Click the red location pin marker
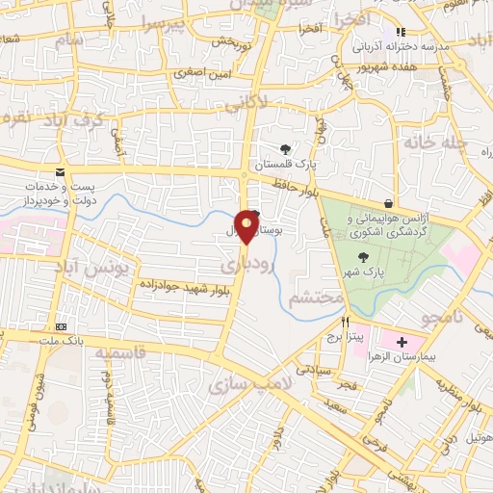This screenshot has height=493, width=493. tap(247, 225)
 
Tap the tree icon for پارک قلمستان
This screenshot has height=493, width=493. tap(285, 149)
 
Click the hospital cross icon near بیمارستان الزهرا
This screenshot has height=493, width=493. tap(402, 342)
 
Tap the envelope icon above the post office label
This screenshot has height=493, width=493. tap(61, 171)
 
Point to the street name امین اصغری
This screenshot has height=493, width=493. tap(201, 73)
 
